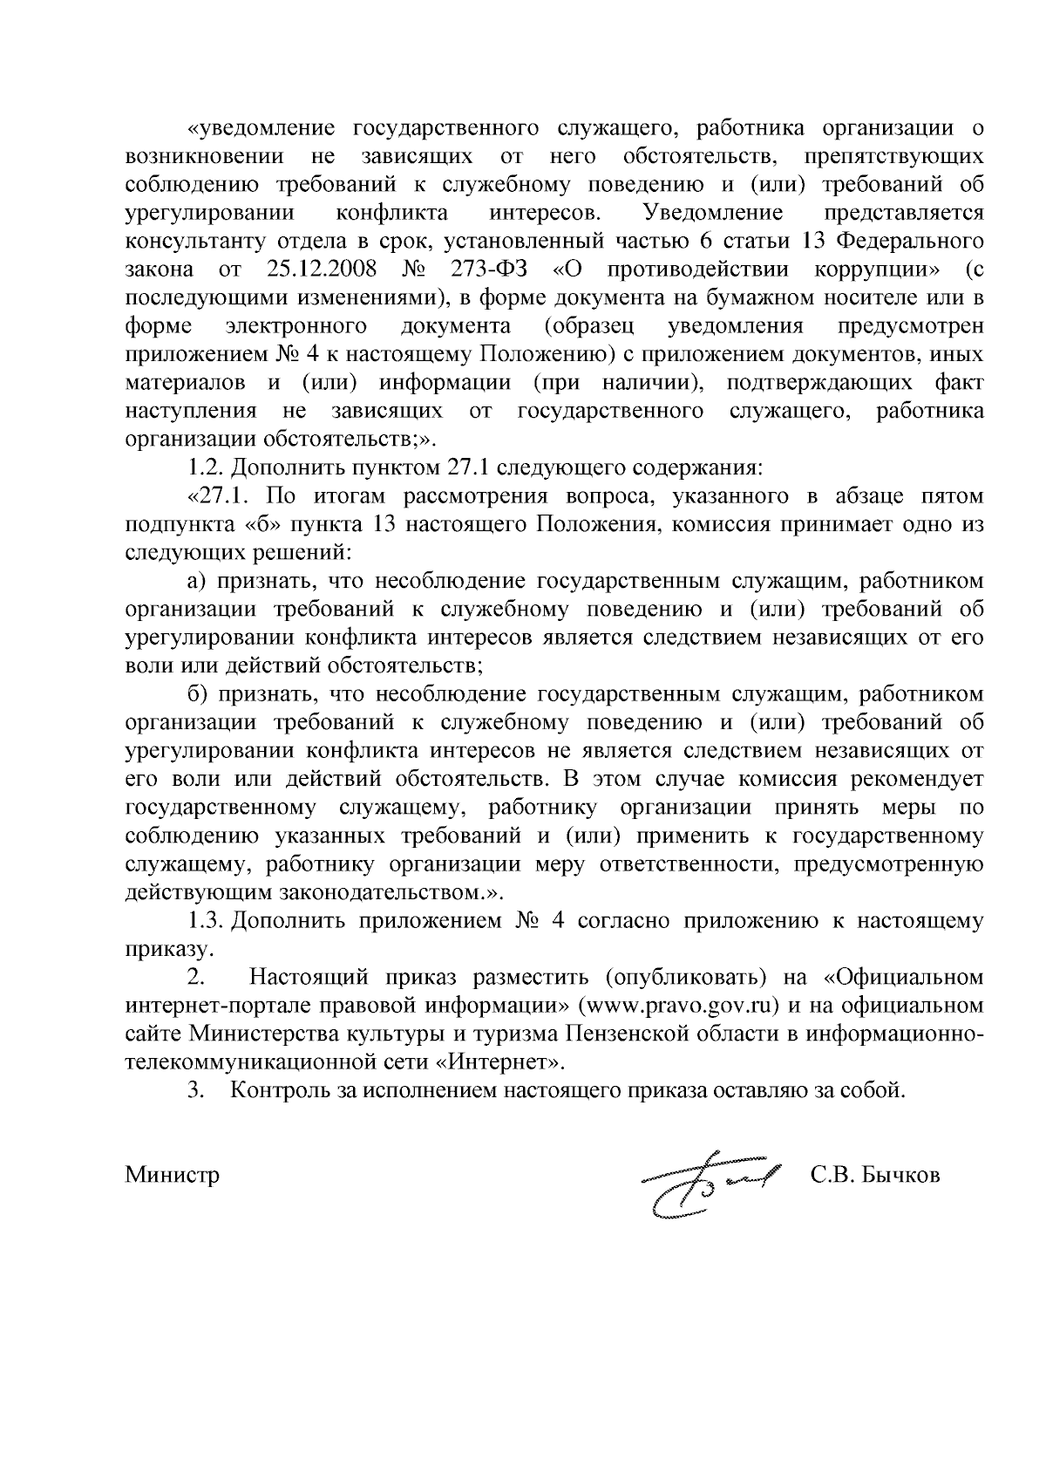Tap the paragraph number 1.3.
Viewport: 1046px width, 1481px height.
(x=208, y=921)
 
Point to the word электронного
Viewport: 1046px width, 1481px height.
(x=295, y=326)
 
